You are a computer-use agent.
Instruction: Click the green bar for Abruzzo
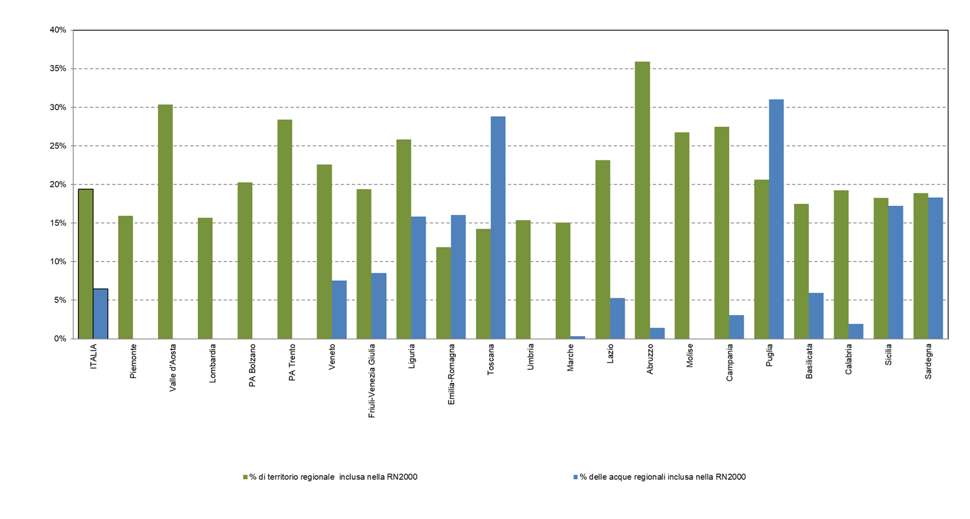point(642,200)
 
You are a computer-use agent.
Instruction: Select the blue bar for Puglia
point(776,219)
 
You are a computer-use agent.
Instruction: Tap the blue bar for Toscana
point(498,227)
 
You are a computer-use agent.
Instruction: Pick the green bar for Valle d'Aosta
point(165,221)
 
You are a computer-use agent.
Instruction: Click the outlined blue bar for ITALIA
point(101,314)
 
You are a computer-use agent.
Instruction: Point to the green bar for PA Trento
point(284,229)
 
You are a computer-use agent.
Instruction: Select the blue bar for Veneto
point(339,310)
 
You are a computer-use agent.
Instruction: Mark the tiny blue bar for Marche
point(577,338)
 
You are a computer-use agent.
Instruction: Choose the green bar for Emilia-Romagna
point(443,293)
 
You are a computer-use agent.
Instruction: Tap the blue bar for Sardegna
point(935,268)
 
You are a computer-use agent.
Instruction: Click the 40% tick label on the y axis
point(58,30)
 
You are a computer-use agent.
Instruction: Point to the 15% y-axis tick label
point(58,223)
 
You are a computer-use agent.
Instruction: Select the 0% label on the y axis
point(60,339)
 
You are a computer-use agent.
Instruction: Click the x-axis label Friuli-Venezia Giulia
point(372,380)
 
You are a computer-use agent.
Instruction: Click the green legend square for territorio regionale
point(246,477)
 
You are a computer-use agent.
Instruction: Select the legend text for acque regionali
point(663,477)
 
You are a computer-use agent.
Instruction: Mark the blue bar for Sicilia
point(895,272)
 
